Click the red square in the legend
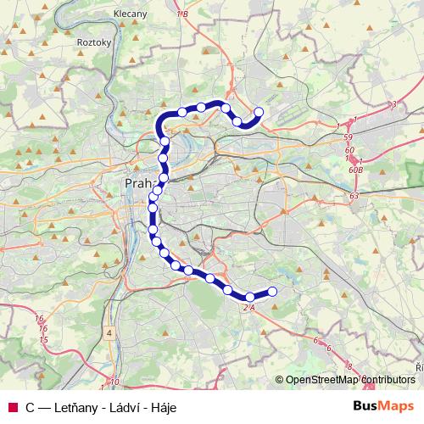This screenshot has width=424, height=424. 12,407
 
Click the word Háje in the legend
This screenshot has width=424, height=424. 161,407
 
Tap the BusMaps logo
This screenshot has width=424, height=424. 383,406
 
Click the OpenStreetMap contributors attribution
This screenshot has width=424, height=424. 349,380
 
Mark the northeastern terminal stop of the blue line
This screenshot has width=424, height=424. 259,112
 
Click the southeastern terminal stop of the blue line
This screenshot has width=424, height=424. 273,293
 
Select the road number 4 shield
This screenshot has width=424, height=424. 109,333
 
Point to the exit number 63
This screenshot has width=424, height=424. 354,196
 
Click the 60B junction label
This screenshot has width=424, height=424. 354,170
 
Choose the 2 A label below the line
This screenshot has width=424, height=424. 249,307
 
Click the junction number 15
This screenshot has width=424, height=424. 42,340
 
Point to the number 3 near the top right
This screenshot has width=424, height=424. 394,104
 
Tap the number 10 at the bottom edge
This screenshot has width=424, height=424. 114,382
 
